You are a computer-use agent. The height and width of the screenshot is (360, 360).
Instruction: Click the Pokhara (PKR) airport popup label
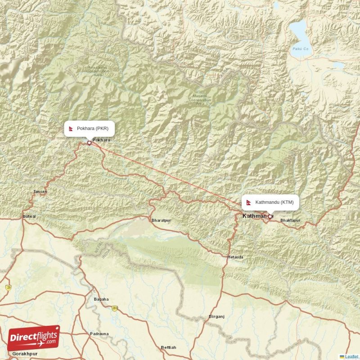click(x=89, y=128)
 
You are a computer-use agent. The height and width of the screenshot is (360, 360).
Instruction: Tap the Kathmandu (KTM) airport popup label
click(x=270, y=202)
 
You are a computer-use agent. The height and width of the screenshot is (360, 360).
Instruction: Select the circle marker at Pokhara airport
click(x=89, y=143)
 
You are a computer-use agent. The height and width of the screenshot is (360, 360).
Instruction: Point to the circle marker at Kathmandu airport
click(x=270, y=216)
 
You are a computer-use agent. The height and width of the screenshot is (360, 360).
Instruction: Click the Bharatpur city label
click(x=162, y=220)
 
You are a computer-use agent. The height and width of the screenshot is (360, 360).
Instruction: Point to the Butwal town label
click(x=29, y=216)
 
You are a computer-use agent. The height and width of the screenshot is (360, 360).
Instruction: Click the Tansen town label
click(x=40, y=192)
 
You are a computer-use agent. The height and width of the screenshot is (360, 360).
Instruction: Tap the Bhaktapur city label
click(x=290, y=220)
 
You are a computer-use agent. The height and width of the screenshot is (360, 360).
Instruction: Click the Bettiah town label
click(x=169, y=347)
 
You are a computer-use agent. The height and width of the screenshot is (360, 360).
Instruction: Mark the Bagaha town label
click(x=101, y=299)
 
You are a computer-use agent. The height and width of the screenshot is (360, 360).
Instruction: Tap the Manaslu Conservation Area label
click(x=199, y=99)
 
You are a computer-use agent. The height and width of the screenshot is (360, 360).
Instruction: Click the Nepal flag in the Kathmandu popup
click(x=249, y=202)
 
